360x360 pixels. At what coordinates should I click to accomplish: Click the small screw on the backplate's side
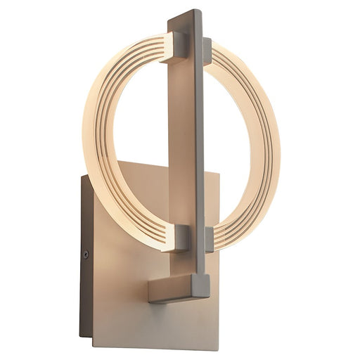pos(86,255)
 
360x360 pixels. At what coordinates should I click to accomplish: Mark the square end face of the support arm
pos(201,285)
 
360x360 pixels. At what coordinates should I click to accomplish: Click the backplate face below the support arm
pos(162,323)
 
